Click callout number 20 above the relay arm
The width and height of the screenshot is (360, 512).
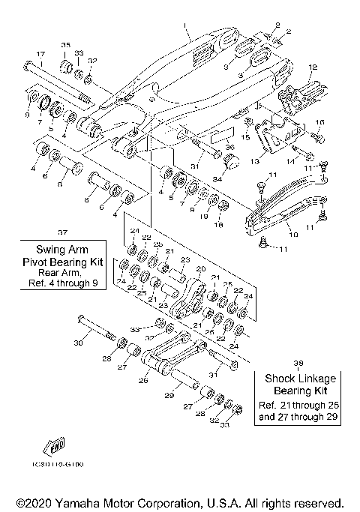[x=199, y=268]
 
